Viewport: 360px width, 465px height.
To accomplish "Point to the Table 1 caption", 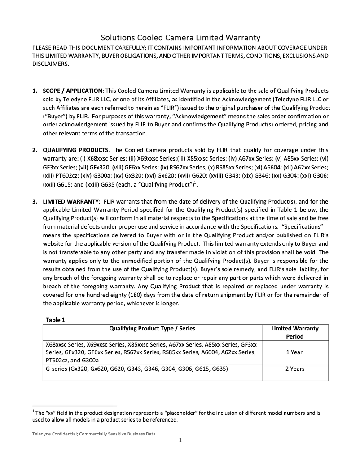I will (56, 320).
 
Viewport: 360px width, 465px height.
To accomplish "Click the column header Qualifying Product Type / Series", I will (152, 328).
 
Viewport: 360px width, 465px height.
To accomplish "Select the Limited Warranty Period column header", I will (294, 332).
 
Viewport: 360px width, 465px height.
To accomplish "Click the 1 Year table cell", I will (294, 352).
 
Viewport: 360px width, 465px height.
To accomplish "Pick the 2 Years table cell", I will (294, 369).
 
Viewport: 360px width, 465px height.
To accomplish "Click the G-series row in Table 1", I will (137, 369).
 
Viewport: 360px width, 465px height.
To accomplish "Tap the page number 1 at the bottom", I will (180, 440).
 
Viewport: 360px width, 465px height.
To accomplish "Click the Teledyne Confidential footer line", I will (94, 434).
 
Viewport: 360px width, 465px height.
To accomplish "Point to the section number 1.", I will (35, 91).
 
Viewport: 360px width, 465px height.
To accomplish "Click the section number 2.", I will (35, 150).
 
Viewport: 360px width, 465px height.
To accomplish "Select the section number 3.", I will (35, 201).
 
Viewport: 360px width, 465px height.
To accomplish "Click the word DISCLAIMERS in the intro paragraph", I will (50, 64).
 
